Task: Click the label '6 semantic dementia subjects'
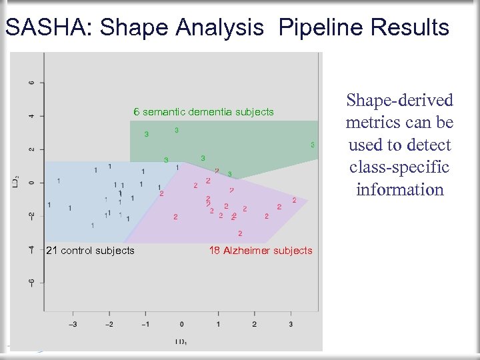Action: pos(203,112)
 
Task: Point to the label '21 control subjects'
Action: pos(89,251)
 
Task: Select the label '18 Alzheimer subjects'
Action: pos(260,251)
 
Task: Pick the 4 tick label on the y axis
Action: pos(31,116)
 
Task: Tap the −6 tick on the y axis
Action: pos(31,282)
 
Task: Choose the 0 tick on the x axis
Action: pos(181,324)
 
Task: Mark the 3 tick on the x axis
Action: pos(291,324)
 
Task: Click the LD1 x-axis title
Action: pos(181,342)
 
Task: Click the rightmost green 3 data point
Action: pos(312,145)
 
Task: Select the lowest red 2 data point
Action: pos(240,233)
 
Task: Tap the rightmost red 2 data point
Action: pos(295,200)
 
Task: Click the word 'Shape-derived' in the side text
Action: pos(399,101)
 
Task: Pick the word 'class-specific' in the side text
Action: pos(399,167)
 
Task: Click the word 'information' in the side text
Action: pos(399,190)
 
